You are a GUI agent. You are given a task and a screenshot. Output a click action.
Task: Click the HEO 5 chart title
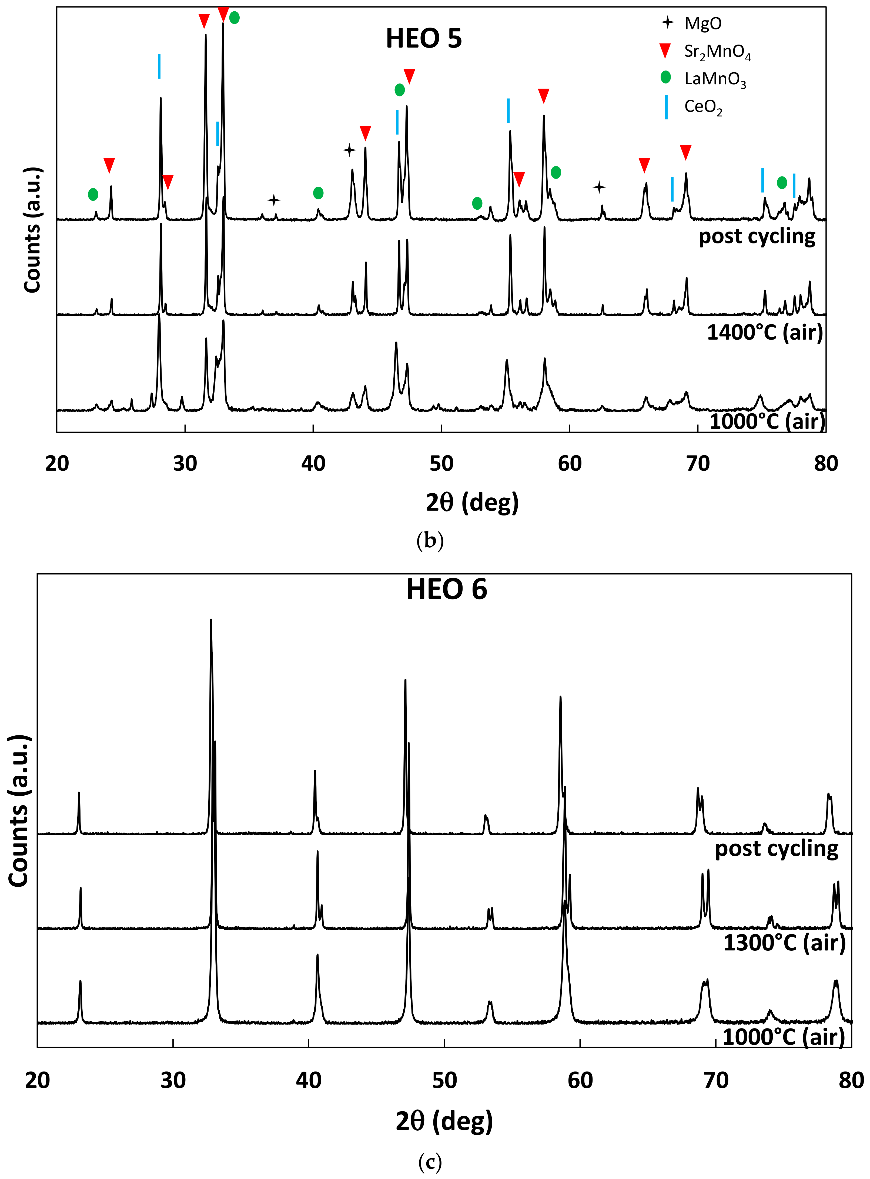[424, 38]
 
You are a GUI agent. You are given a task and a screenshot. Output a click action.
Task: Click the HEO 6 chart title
[447, 589]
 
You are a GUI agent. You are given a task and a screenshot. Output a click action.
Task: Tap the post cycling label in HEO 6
[776, 849]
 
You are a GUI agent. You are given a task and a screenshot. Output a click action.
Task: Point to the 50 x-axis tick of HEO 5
[441, 463]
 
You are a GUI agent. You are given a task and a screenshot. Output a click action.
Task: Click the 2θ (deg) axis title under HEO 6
[444, 1121]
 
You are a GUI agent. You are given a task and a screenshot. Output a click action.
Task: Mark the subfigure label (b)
[430, 541]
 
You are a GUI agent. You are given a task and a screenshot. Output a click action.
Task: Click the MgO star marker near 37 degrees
[273, 200]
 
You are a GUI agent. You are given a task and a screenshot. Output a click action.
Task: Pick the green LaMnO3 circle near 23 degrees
[93, 194]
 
